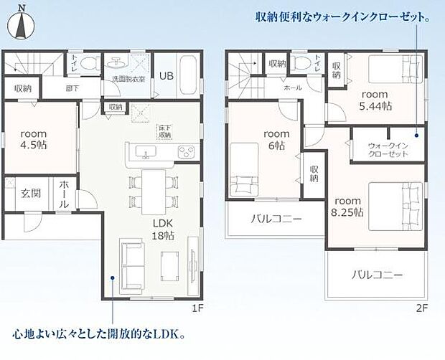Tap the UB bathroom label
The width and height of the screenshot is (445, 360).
coord(166,76)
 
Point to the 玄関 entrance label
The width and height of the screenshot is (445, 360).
coord(30,193)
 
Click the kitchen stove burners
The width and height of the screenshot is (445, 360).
coord(186,151)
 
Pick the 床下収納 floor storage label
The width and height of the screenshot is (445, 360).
coord(165,131)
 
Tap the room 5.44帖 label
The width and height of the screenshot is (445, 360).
coord(375,100)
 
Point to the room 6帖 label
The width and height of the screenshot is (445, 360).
coord(276,139)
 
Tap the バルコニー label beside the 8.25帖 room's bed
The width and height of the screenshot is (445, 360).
coord(377,275)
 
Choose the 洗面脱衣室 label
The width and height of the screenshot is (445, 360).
coord(128,79)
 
